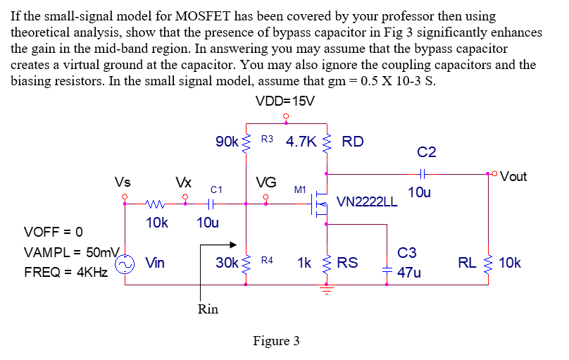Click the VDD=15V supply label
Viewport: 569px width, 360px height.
pos(285,101)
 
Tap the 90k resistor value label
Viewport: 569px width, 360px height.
pos(227,142)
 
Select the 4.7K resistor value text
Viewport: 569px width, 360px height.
pos(301,142)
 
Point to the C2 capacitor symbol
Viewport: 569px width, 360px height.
pos(423,173)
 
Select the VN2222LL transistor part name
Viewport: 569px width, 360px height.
pos(367,203)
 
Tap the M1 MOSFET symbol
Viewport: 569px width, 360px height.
pos(319,204)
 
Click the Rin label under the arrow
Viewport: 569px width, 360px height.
pos(208,309)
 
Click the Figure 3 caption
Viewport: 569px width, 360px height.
pos(276,341)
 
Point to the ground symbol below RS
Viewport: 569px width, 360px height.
pos(325,290)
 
